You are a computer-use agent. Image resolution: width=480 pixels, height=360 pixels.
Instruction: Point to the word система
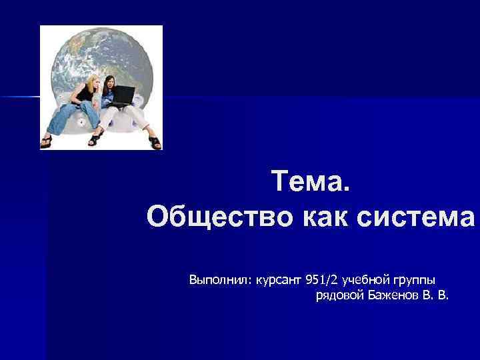[x=418, y=217]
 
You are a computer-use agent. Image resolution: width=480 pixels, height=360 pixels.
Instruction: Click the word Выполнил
[x=217, y=278]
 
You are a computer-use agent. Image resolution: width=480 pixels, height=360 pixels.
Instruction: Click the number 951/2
[x=324, y=278]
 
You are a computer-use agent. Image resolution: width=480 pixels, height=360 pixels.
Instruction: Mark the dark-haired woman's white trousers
[x=131, y=119]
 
